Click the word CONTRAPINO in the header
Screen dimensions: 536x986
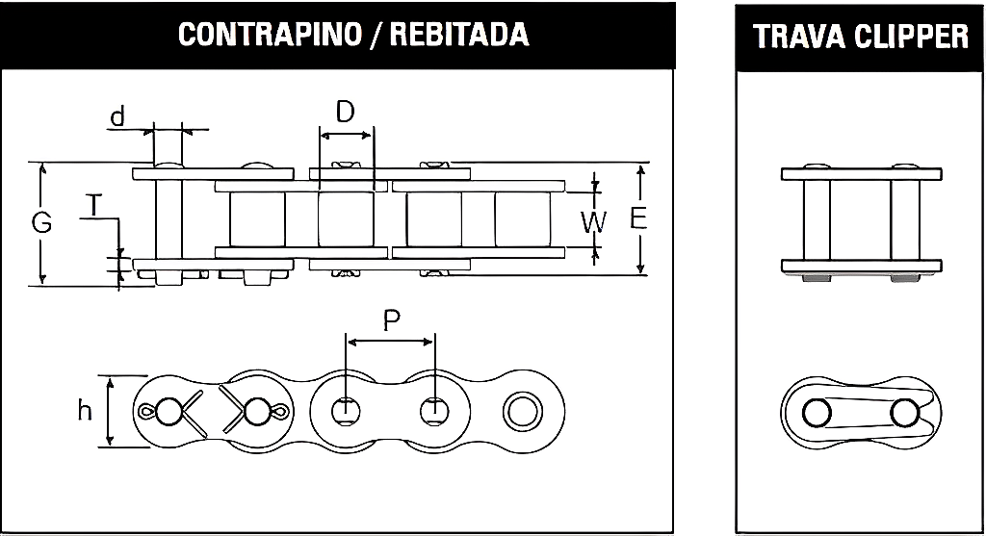pos(247,35)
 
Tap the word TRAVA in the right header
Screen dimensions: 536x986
pos(794,37)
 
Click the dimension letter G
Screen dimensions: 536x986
pos(41,223)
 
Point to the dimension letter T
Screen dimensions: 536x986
pos(92,205)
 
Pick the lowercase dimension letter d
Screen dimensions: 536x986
pos(117,117)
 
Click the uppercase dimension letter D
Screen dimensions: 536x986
pos(345,112)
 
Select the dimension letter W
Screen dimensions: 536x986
pos(595,222)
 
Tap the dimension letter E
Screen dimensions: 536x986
pos(637,218)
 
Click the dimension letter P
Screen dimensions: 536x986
pos(391,320)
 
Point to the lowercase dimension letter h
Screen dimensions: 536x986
pos(85,411)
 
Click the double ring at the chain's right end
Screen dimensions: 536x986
pos(521,411)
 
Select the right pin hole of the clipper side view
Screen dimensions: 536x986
pos(903,413)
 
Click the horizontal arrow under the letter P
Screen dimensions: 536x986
pos(390,341)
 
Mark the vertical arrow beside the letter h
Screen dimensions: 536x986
pos(109,411)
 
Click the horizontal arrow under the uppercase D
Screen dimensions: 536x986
pos(345,134)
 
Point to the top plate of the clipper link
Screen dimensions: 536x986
pos(861,175)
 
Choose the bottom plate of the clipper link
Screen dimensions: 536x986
pos(861,266)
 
